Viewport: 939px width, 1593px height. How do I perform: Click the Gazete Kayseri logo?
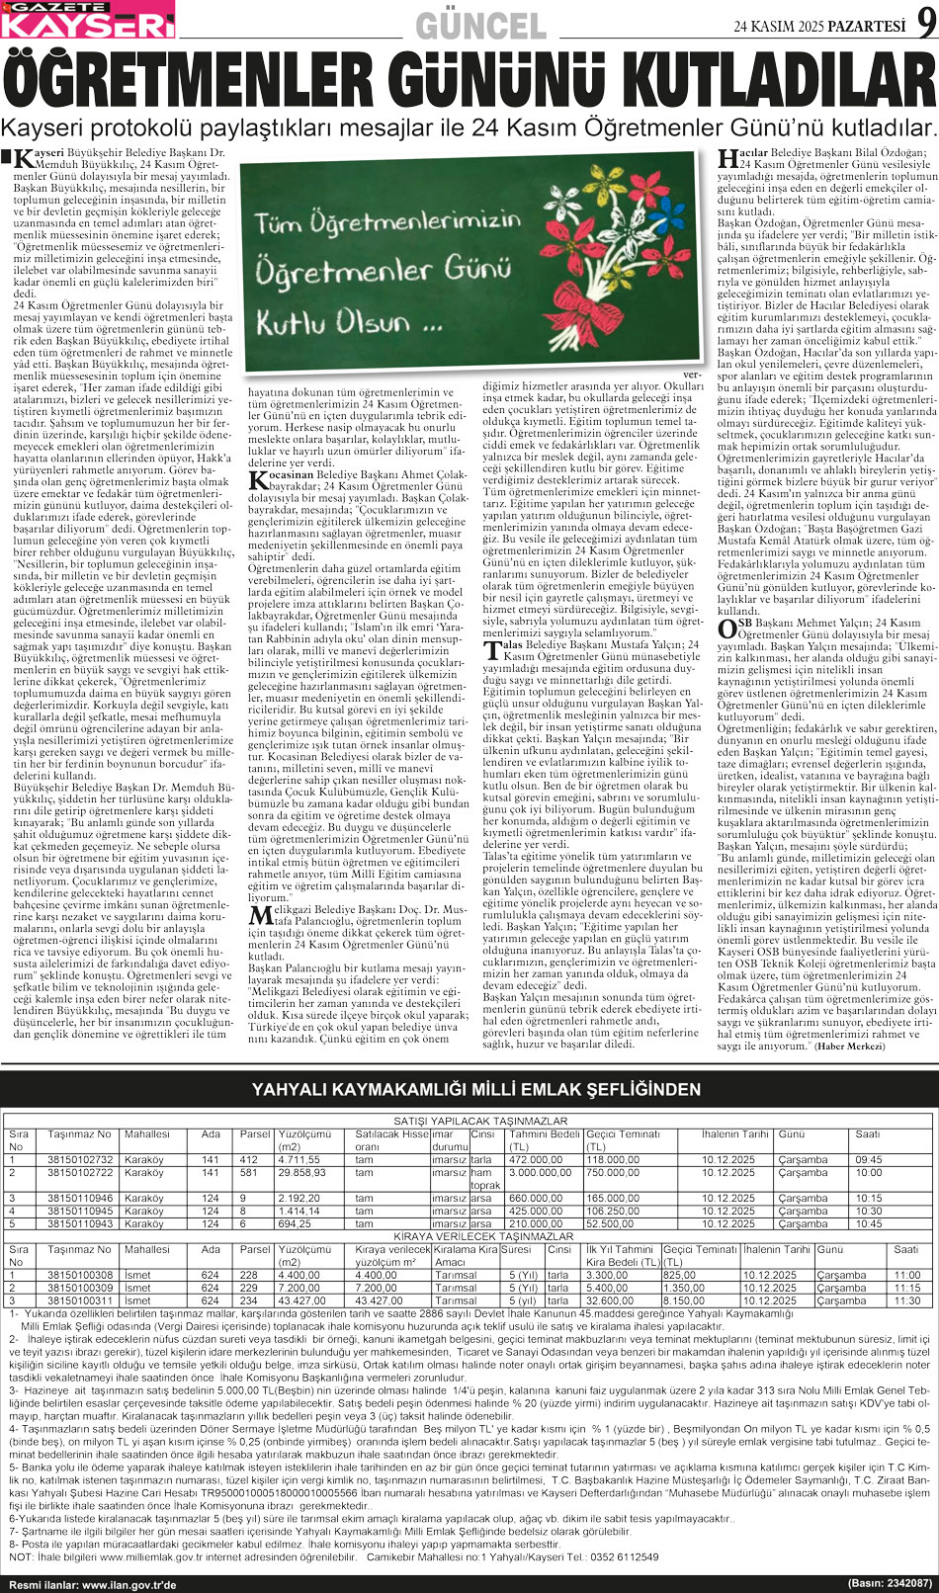tap(88, 20)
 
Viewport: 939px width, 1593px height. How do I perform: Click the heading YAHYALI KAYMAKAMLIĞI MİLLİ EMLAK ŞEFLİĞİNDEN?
tap(476, 1090)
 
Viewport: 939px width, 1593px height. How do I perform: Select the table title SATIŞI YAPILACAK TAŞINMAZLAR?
tap(480, 1122)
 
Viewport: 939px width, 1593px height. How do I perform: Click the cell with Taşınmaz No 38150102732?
tap(80, 1160)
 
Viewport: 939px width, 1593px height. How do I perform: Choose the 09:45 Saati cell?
tap(869, 1160)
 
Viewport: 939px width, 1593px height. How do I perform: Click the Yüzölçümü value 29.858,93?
tap(301, 1173)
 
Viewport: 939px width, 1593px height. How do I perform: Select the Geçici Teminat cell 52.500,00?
tap(610, 1223)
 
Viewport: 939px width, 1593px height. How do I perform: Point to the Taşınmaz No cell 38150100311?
tap(80, 1300)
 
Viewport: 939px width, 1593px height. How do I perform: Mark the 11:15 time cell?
tap(906, 1288)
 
